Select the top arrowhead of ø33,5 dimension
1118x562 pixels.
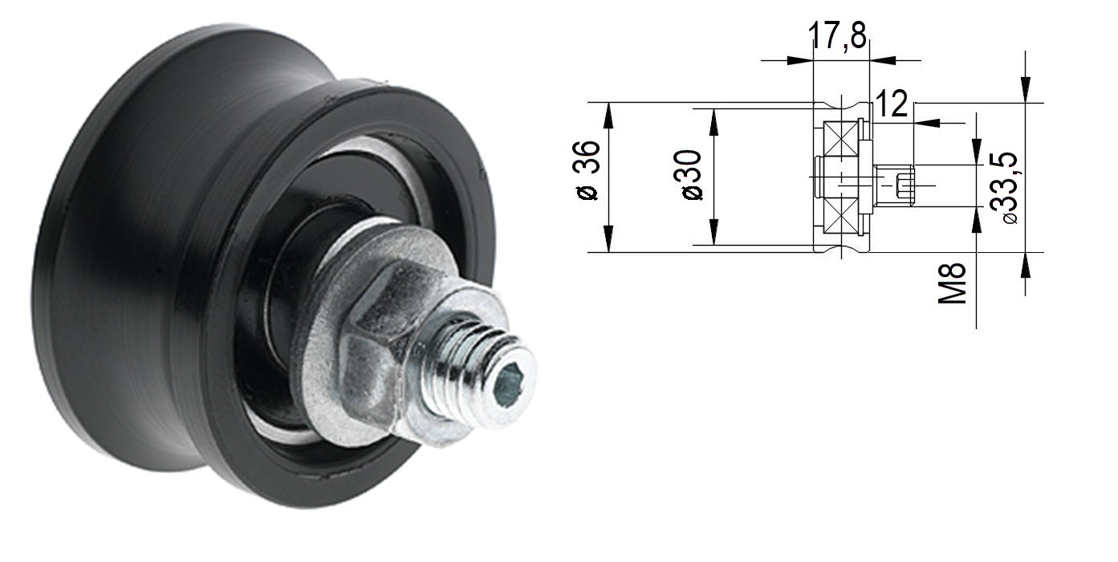coord(1025,91)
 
